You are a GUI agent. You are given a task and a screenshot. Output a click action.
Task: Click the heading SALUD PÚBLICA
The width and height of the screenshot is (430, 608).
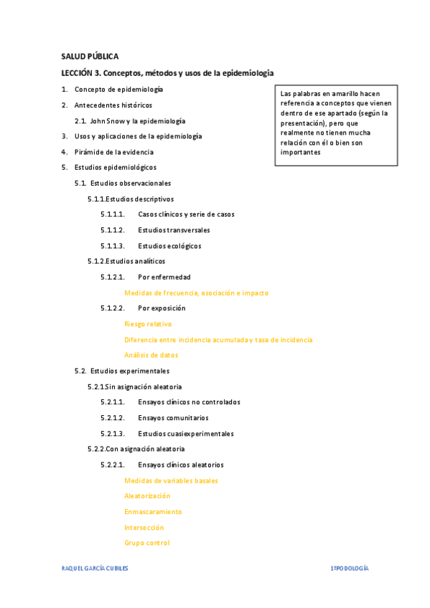tap(90, 56)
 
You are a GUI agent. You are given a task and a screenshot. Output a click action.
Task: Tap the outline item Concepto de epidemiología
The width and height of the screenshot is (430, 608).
tap(118, 89)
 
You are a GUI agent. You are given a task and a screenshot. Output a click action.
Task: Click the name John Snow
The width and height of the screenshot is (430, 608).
tap(106, 120)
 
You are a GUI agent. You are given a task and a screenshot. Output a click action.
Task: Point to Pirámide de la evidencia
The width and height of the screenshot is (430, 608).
tap(113, 152)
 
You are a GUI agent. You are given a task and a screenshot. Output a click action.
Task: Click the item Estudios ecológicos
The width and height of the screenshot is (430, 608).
tap(169, 246)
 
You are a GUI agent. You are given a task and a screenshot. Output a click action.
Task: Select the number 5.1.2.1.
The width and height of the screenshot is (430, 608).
tap(113, 277)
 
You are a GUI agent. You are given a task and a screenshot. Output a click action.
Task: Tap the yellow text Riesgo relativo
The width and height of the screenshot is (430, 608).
tap(148, 324)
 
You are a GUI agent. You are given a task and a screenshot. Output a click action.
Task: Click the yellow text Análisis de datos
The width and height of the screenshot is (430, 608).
tap(151, 355)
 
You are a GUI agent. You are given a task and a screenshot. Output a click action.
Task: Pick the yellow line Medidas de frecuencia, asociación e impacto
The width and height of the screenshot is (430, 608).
tap(196, 293)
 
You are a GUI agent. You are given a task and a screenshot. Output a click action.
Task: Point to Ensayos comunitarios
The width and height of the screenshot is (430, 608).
tap(173, 417)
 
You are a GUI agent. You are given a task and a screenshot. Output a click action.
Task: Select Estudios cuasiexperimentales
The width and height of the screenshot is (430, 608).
tap(185, 433)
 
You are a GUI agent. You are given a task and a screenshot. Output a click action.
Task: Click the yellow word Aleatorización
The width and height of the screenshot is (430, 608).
tap(147, 496)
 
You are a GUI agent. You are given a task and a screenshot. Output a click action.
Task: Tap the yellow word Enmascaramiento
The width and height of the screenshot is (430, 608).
tap(153, 512)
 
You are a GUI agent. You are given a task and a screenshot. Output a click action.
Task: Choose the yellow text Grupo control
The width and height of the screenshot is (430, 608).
tap(146, 543)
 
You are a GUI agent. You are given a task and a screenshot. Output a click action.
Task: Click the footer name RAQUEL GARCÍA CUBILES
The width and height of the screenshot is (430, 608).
tap(95, 568)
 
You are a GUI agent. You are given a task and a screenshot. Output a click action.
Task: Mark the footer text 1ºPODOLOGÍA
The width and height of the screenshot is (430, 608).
tap(349, 568)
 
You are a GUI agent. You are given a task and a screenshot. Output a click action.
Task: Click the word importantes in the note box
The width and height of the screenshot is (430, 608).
tap(300, 152)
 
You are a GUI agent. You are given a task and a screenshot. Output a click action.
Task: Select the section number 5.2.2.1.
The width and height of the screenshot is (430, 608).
tap(113, 465)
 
